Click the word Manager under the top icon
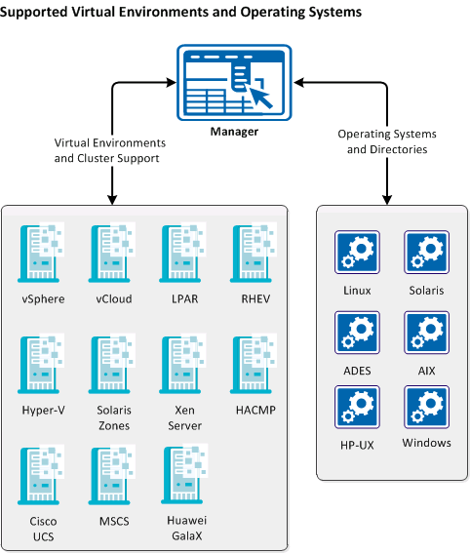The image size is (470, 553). point(234,131)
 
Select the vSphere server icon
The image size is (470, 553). point(40,251)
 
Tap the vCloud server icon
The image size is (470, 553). point(111,251)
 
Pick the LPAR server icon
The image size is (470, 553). point(181,251)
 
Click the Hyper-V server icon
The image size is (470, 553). point(40,362)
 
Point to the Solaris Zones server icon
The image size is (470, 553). point(111,362)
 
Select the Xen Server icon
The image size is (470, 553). point(181,362)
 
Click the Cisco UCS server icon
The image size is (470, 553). point(40,473)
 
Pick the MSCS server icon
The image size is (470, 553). point(111,473)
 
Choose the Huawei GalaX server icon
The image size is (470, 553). point(181,473)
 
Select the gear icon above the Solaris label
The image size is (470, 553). point(426,252)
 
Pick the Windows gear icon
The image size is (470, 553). point(426,407)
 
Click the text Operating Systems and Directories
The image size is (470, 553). point(387,141)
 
